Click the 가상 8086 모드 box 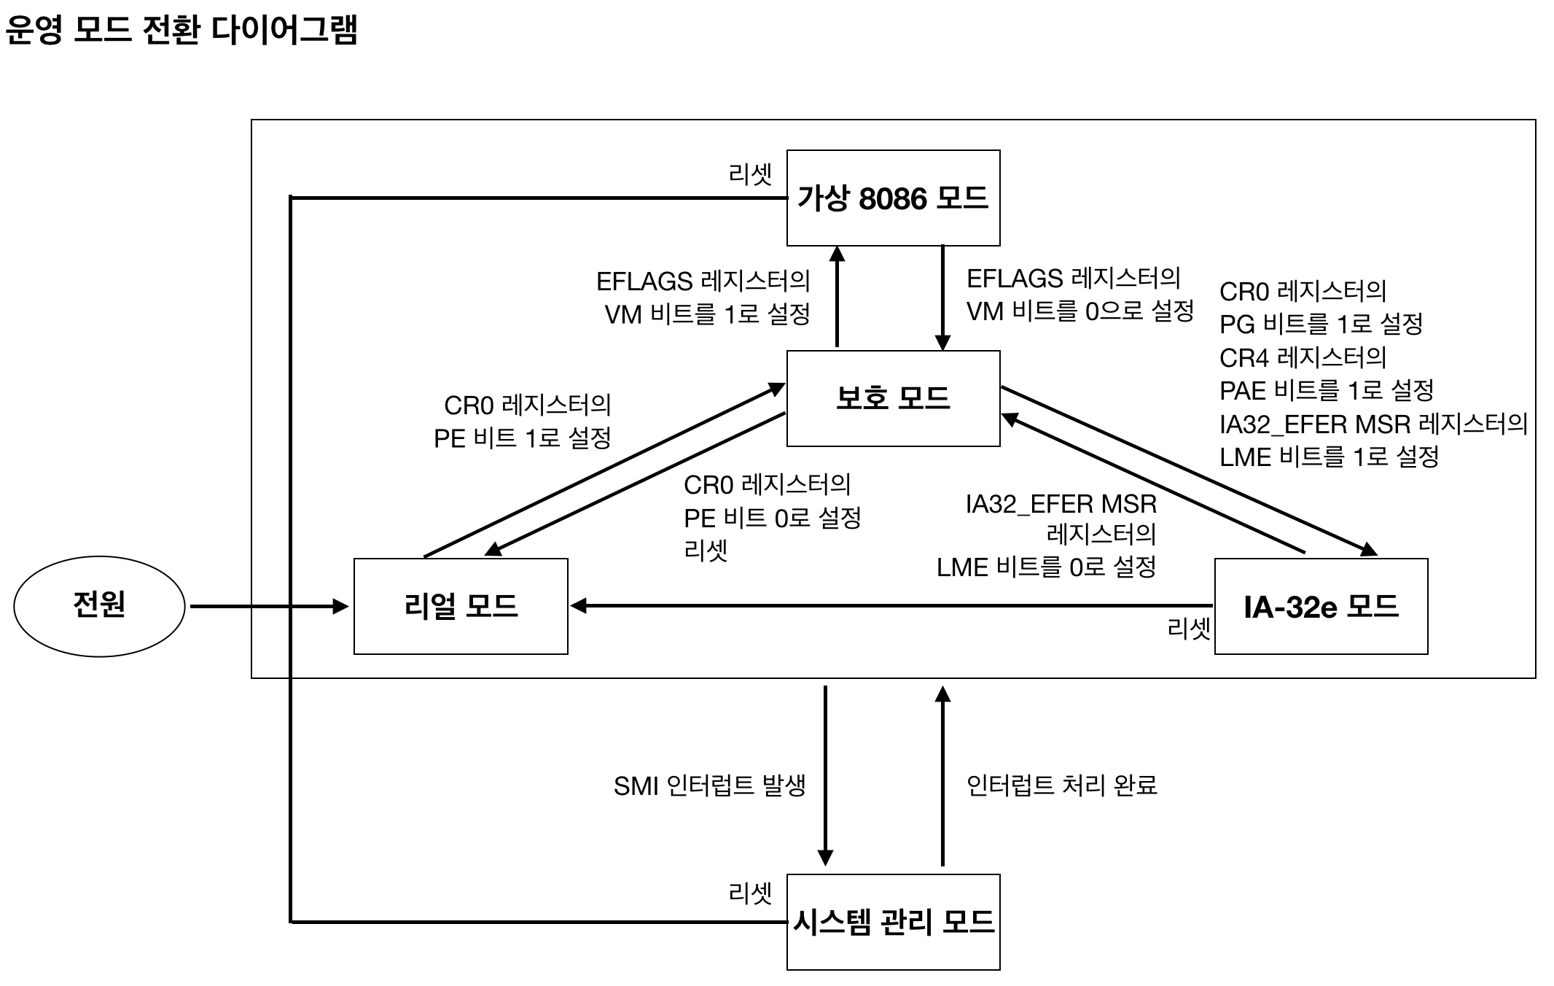click(x=893, y=198)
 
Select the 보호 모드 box click(x=893, y=398)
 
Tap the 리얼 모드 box click(x=461, y=606)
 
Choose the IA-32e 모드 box click(x=1321, y=606)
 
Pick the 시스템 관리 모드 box click(x=893, y=922)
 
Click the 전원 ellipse click(x=99, y=606)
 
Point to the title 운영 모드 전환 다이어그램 click(x=181, y=31)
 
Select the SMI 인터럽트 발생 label click(x=709, y=785)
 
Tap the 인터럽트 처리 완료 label click(x=1062, y=785)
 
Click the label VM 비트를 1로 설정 click(x=707, y=314)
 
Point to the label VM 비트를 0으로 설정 click(x=1079, y=311)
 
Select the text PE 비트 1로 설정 click(x=522, y=438)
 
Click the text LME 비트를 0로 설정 click(x=1046, y=567)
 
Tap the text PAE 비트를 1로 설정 click(x=1326, y=390)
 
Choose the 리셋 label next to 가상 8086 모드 click(x=750, y=174)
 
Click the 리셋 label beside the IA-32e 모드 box click(x=1188, y=628)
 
